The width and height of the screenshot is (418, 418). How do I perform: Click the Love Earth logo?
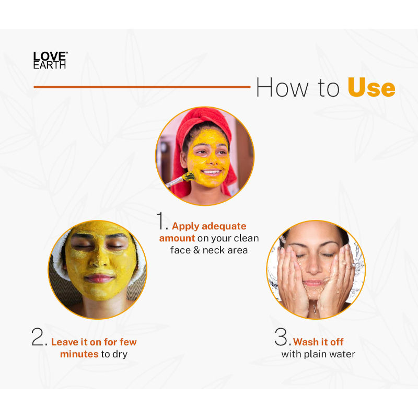(50, 60)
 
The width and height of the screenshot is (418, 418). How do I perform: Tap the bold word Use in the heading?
(371, 87)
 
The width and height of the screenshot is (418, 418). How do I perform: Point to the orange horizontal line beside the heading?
(142, 87)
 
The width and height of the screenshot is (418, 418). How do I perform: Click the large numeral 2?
(38, 336)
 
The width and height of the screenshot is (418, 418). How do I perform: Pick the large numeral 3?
(281, 336)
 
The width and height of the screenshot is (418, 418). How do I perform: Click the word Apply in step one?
(185, 226)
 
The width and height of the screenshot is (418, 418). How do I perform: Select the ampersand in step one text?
(196, 250)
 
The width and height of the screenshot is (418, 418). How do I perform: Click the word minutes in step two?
(79, 354)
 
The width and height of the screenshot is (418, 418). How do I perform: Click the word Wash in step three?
(306, 342)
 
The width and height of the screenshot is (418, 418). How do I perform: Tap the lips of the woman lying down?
(98, 278)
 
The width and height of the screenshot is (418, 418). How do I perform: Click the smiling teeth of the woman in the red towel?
(212, 172)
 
